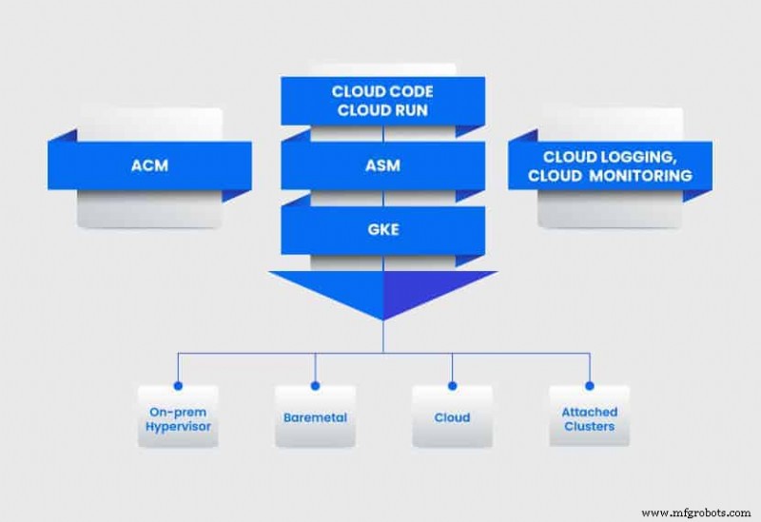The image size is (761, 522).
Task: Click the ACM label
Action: [149, 165]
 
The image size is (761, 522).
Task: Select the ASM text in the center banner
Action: [381, 165]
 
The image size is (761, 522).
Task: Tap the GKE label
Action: [381, 229]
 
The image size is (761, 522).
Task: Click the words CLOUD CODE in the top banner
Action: [381, 91]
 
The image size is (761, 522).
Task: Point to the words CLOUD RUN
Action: [381, 109]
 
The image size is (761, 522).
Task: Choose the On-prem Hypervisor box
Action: [178, 417]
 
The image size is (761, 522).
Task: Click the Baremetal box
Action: [315, 417]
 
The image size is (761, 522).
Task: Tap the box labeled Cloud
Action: [452, 417]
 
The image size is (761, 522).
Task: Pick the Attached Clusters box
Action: [589, 417]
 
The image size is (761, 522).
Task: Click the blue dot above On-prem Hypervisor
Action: [178, 386]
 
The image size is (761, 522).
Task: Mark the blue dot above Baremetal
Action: [315, 386]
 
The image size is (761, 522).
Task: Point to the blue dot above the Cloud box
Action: [452, 386]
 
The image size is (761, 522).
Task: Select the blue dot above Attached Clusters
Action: [589, 386]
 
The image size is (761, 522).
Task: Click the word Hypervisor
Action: [178, 426]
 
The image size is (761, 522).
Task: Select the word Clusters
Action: [589, 426]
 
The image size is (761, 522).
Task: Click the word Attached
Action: [589, 412]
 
